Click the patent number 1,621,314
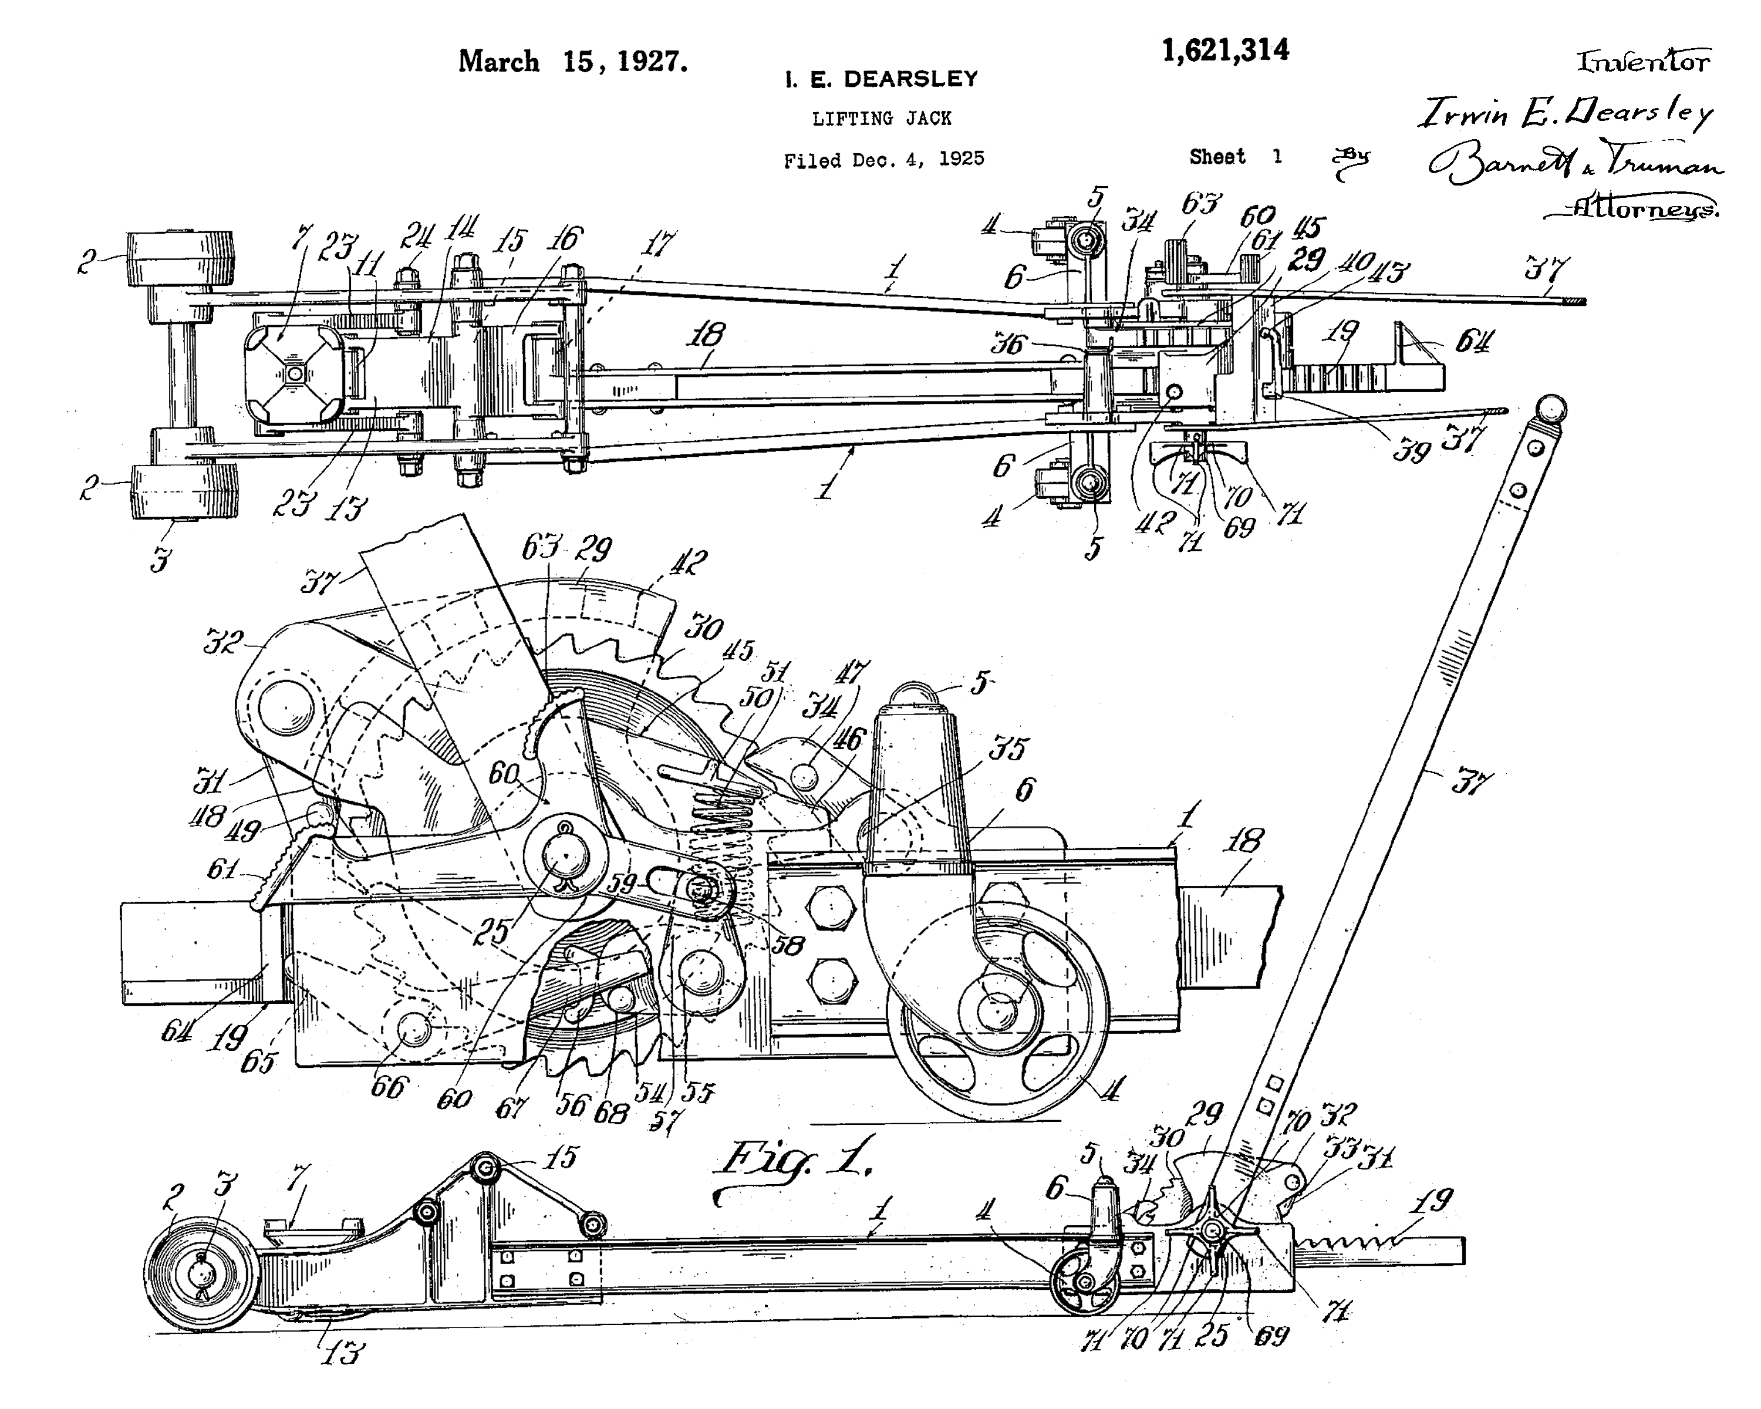(x=1225, y=50)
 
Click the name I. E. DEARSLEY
(x=880, y=79)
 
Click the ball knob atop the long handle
(x=1550, y=409)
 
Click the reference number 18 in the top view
(x=707, y=334)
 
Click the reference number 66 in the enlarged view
(x=388, y=1086)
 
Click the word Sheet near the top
(x=1217, y=157)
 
